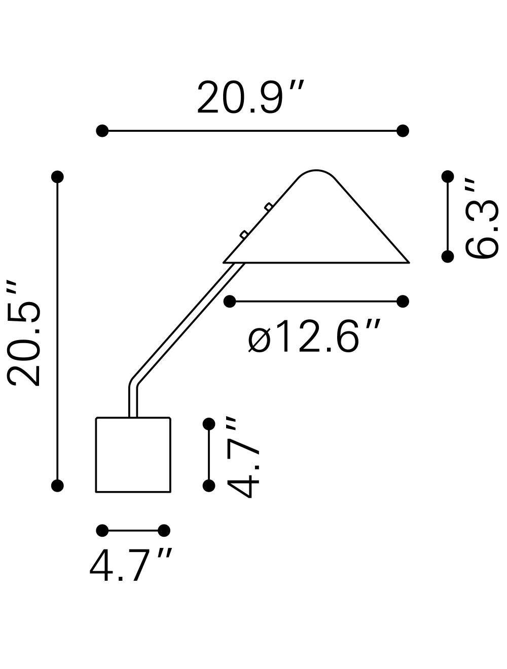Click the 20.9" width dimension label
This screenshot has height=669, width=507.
click(250, 97)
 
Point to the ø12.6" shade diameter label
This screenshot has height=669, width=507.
click(314, 336)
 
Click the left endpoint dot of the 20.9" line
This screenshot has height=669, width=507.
click(102, 131)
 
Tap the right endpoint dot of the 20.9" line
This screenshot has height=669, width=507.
click(403, 131)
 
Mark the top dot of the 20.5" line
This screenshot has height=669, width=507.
click(57, 177)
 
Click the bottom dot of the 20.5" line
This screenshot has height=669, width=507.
click(57, 486)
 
